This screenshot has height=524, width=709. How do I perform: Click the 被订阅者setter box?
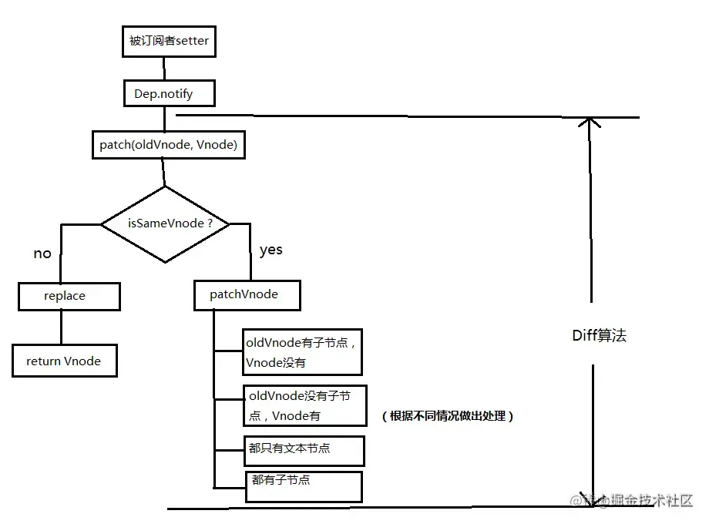tap(169, 42)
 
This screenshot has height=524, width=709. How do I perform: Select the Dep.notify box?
tap(169, 94)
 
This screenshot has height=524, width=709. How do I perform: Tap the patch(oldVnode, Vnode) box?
tap(168, 145)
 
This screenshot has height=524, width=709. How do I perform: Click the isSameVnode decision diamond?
tap(166, 223)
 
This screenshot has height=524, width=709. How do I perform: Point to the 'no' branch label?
tap(42, 254)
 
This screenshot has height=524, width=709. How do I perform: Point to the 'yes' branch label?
tap(271, 250)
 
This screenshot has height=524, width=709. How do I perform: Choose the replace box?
tap(69, 296)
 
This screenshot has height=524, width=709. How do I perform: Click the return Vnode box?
tap(64, 361)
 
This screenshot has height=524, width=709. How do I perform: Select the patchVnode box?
tap(246, 295)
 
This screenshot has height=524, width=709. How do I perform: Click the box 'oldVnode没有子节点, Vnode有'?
tap(304, 405)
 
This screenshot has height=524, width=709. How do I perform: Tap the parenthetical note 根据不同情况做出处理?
tap(448, 416)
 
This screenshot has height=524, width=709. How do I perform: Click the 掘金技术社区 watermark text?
tap(651, 500)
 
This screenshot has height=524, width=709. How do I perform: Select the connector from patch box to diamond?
tap(164, 173)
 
